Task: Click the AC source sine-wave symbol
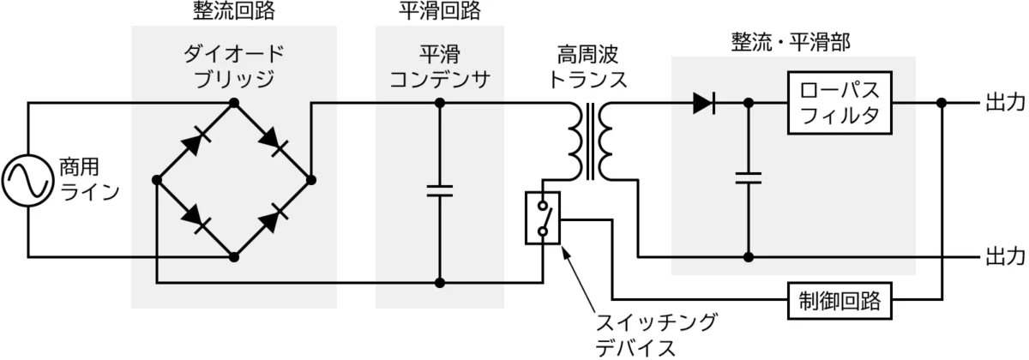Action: (27, 180)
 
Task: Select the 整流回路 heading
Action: (233, 11)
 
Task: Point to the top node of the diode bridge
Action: (233, 103)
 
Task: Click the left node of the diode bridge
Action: (156, 180)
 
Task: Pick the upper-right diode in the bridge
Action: (273, 141)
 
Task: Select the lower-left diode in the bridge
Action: (195, 219)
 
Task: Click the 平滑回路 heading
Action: (439, 11)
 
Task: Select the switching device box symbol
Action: (542, 219)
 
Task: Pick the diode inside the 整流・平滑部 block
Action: (704, 104)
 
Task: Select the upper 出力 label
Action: (1004, 104)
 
